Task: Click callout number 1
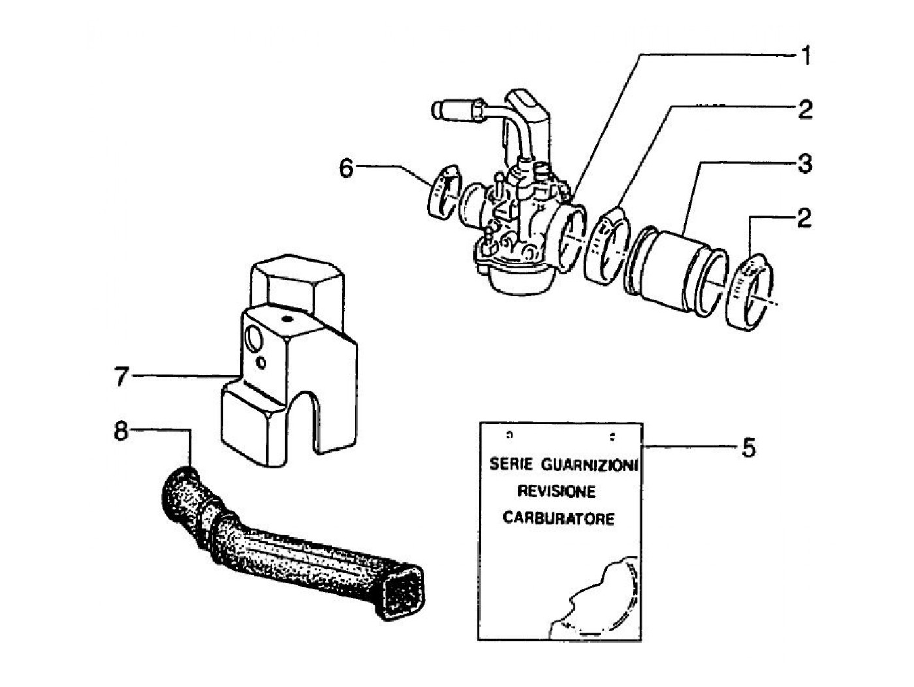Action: click(x=806, y=56)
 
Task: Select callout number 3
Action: click(x=806, y=163)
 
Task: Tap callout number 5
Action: click(x=748, y=448)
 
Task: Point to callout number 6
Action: click(x=345, y=168)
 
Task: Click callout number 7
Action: click(x=121, y=377)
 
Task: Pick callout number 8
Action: click(x=120, y=432)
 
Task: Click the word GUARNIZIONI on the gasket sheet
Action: click(x=589, y=465)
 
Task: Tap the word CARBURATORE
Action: click(x=558, y=519)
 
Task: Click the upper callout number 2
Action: click(x=805, y=110)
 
